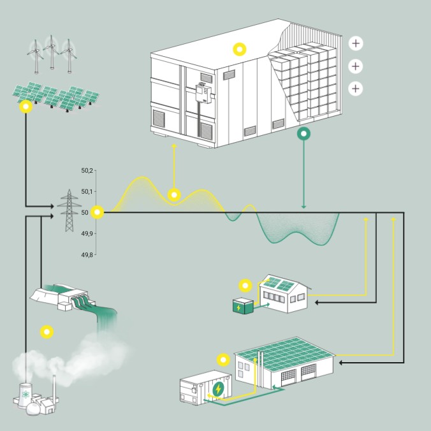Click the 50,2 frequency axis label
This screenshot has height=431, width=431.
86,170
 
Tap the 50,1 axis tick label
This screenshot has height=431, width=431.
86,191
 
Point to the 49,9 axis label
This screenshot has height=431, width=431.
86,233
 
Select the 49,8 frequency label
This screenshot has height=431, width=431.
86,254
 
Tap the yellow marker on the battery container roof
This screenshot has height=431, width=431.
239,49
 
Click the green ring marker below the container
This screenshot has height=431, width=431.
303,134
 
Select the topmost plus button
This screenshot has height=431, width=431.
356,43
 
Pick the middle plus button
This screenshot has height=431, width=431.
356,66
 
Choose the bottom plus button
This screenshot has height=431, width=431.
356,88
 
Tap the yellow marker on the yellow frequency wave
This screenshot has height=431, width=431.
173,194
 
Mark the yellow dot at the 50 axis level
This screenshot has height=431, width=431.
97,212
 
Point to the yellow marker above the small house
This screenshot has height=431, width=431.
244,285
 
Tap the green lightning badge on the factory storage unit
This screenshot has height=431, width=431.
219,388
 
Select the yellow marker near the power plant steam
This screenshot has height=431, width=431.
46,332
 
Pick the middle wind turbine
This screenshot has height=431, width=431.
50,54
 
